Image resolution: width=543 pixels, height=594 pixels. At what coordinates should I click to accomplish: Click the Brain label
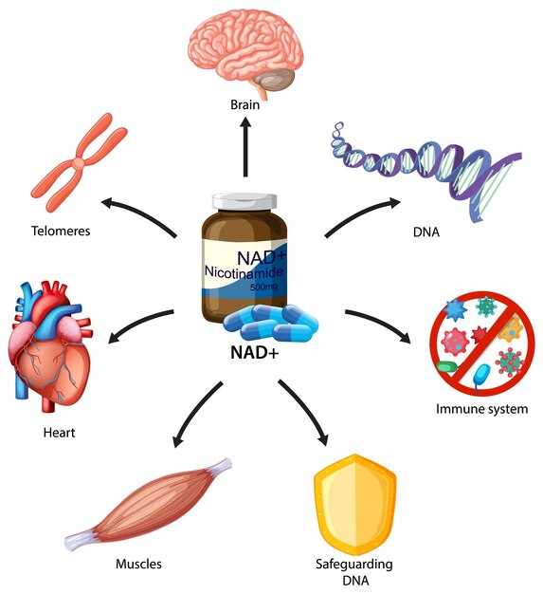(x=244, y=104)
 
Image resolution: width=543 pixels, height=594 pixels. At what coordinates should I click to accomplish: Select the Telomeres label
(x=61, y=231)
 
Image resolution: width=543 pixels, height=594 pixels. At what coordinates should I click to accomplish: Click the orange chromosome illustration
(x=79, y=162)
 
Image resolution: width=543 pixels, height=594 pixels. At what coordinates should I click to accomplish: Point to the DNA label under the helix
(x=426, y=232)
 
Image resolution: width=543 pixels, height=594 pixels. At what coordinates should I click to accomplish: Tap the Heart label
(x=59, y=433)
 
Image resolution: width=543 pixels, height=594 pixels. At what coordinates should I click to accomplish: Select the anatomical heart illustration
(x=49, y=346)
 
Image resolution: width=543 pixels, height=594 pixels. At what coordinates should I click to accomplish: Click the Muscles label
(x=138, y=564)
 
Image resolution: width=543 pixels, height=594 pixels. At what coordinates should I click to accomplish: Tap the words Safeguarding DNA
(x=354, y=572)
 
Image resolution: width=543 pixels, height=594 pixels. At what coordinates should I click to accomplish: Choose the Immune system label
(x=481, y=409)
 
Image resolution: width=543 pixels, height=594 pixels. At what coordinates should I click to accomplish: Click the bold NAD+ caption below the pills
(x=255, y=353)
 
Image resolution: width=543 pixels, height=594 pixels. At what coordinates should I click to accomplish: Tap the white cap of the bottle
(x=244, y=201)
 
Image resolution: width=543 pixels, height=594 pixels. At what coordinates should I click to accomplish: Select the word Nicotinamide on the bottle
(x=244, y=272)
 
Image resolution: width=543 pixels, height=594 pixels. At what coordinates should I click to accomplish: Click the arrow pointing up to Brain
(x=245, y=147)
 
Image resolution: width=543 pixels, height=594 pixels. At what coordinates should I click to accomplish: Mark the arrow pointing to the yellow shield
(x=305, y=410)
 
